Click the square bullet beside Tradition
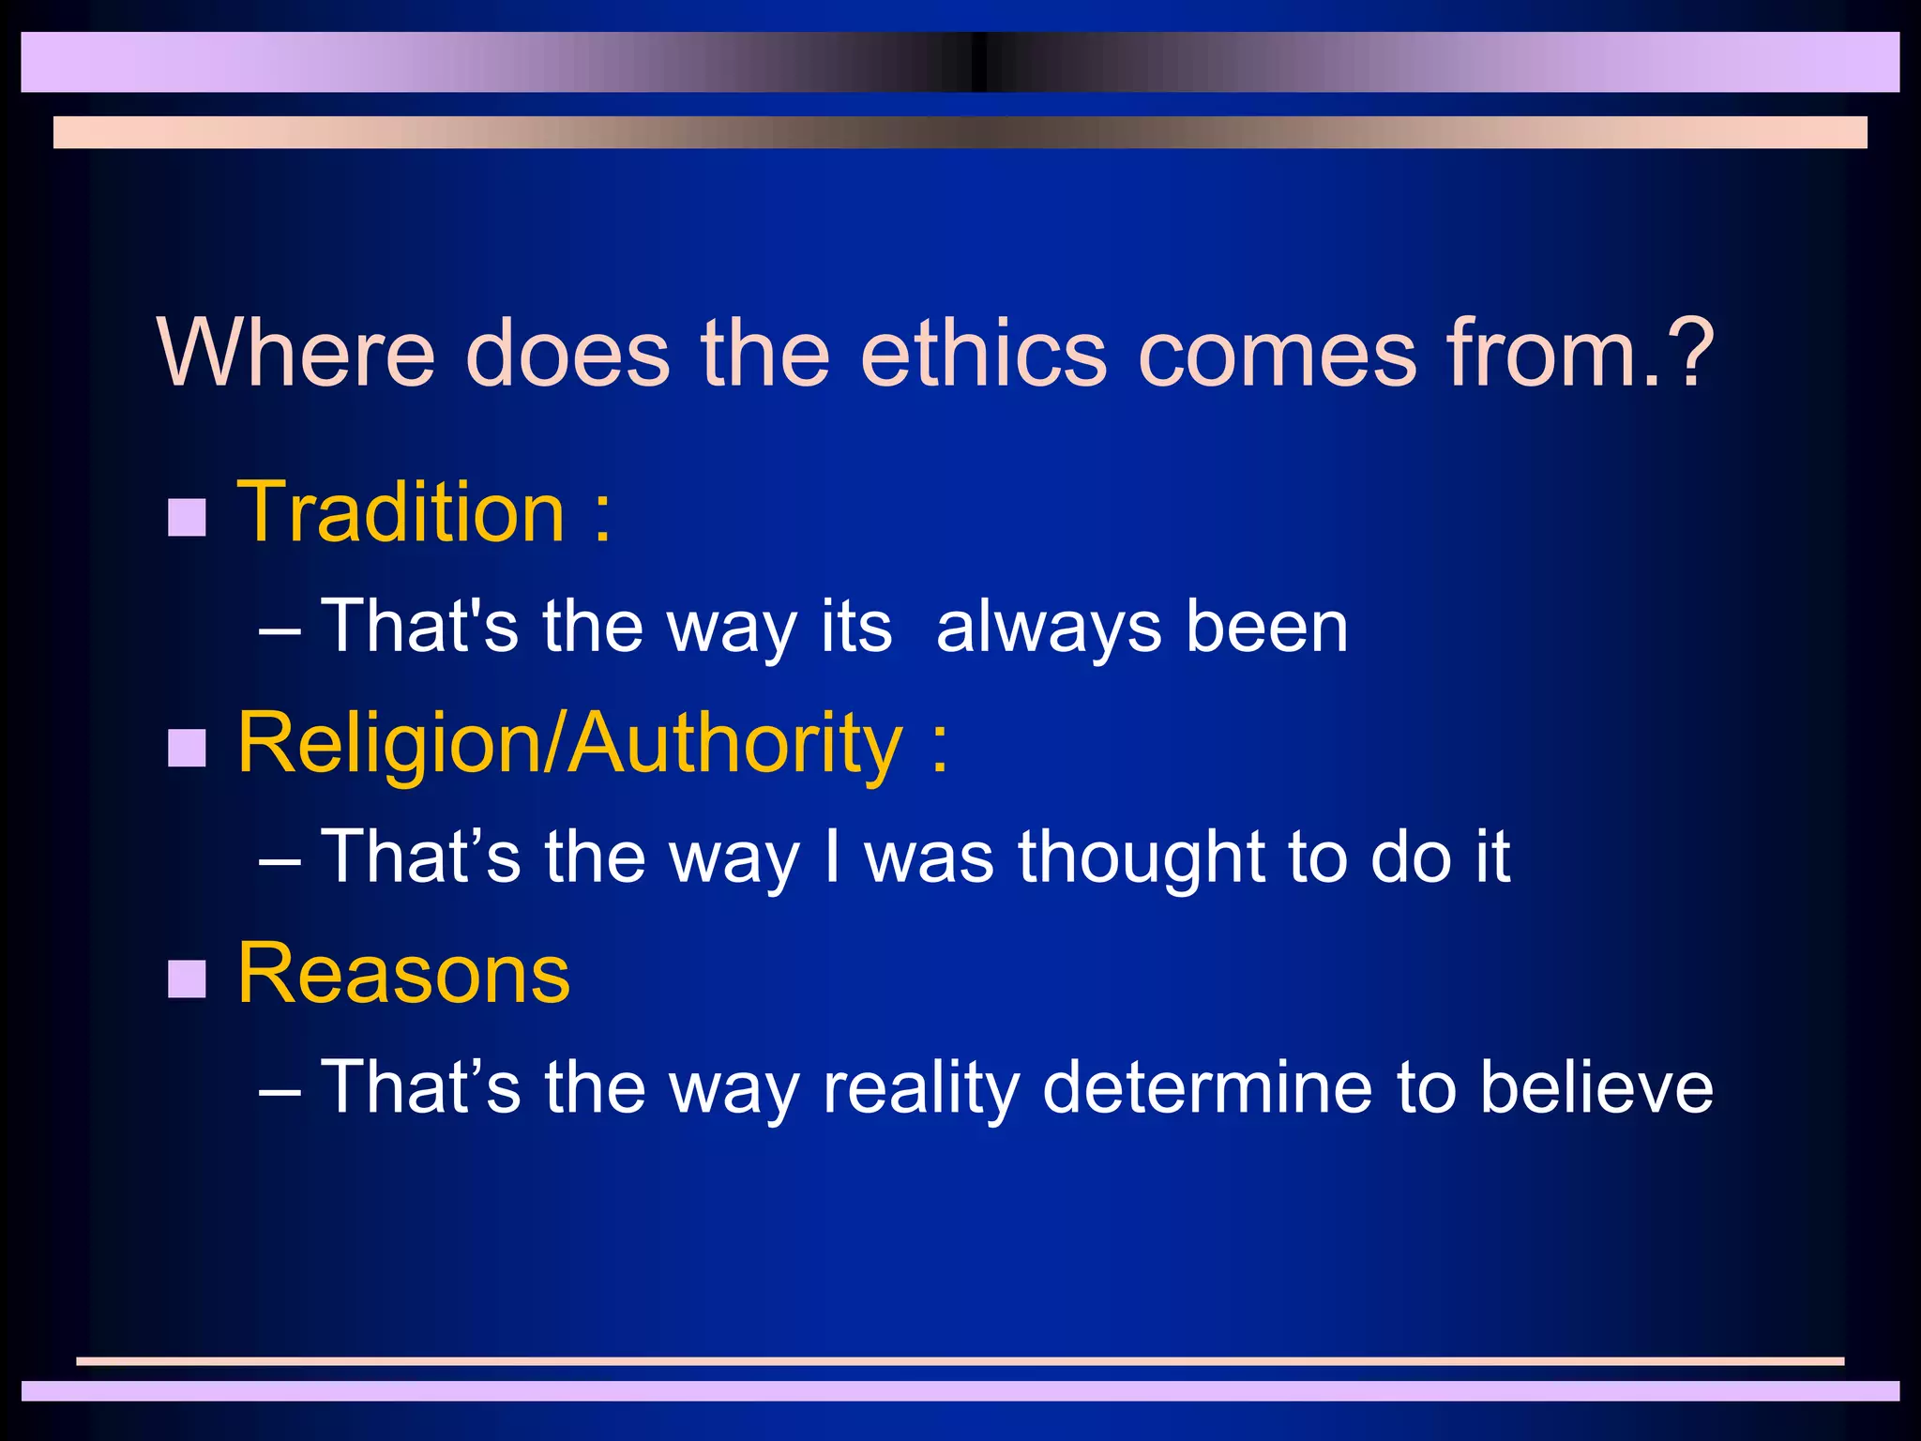click(187, 517)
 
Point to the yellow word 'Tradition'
click(401, 512)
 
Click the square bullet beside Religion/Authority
click(187, 748)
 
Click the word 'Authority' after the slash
click(735, 744)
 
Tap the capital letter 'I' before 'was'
click(831, 856)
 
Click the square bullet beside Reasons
click(187, 978)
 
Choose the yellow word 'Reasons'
click(403, 974)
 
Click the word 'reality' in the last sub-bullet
click(920, 1088)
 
